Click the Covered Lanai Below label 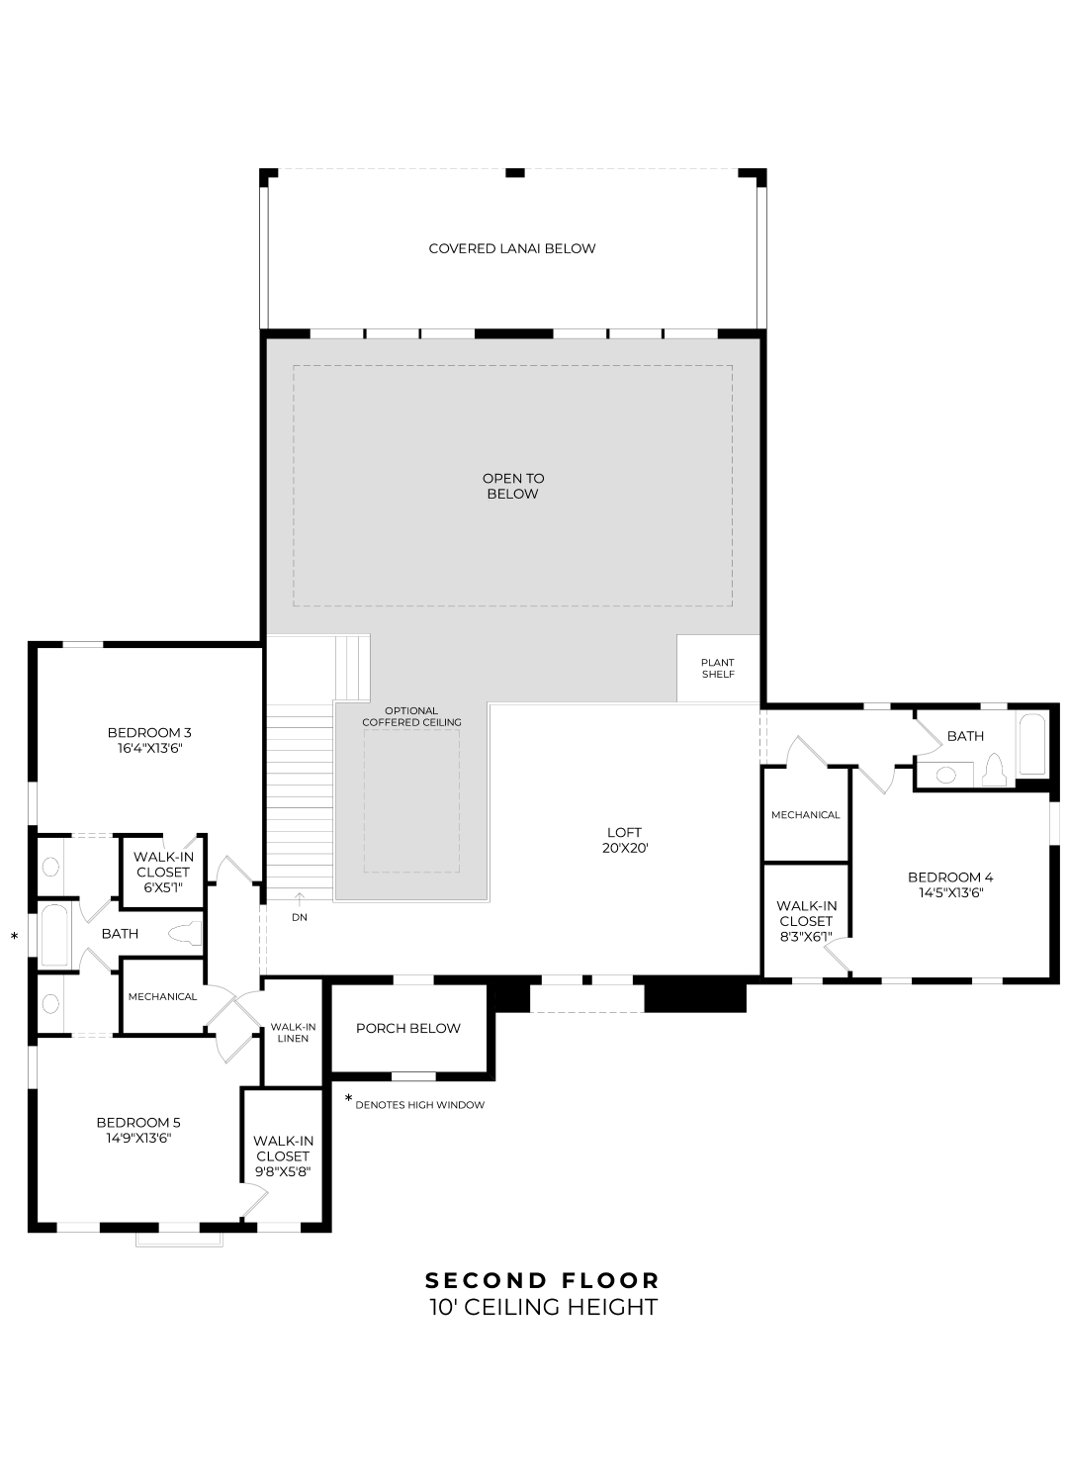click(512, 248)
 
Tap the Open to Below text click(513, 486)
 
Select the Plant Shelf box click(718, 669)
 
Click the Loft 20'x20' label click(624, 840)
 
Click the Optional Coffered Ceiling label click(411, 716)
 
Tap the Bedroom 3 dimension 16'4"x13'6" click(149, 749)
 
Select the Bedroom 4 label click(949, 877)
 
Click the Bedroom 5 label click(138, 1122)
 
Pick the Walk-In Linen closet click(293, 1032)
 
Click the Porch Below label click(407, 1028)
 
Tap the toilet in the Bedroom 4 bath click(995, 770)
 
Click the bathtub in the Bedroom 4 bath click(1031, 745)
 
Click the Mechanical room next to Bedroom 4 click(805, 814)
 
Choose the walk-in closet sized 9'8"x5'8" click(283, 1156)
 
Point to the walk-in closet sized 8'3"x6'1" click(806, 921)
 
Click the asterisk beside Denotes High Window click(348, 1099)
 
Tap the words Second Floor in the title click(542, 1280)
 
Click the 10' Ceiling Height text click(543, 1307)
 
